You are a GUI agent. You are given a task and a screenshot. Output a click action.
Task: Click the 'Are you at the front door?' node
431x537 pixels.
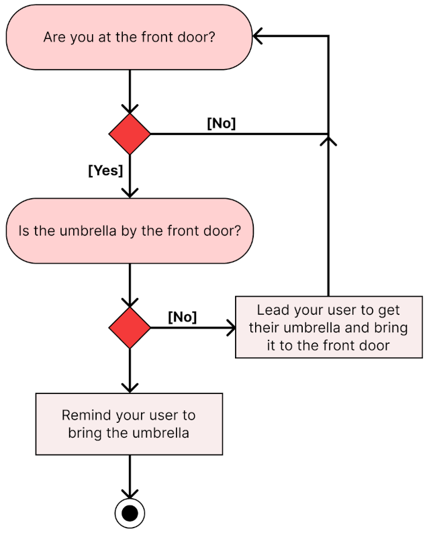coord(129,37)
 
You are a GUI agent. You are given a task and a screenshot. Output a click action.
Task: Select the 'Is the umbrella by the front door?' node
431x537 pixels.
coord(129,230)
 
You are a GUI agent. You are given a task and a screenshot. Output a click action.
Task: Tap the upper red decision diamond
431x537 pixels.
coord(130,134)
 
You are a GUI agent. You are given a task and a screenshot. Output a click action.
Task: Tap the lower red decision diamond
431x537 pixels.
coord(130,328)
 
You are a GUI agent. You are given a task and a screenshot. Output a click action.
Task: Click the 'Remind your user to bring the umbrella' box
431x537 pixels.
coord(129,424)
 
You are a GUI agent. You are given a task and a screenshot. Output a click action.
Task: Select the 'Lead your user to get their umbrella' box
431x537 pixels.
coord(328,328)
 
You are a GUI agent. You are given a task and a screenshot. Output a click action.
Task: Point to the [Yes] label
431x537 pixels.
coord(105,170)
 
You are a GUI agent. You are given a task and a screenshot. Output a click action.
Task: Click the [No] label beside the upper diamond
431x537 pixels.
coord(221,124)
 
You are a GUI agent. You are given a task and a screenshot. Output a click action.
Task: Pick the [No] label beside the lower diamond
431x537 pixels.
coord(182,317)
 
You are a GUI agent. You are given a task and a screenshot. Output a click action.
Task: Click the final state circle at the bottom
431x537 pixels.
coord(130,514)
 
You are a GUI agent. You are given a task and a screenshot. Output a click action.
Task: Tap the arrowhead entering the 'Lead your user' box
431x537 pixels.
coord(232,328)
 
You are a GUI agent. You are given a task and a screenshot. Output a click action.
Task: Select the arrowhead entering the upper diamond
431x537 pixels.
coord(130,109)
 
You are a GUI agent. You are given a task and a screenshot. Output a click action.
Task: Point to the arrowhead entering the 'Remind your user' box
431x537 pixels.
coord(130,388)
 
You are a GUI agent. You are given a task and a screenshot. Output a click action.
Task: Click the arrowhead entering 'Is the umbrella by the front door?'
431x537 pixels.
coord(130,193)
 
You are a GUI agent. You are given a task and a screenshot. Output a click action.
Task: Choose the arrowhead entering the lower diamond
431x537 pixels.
coord(130,303)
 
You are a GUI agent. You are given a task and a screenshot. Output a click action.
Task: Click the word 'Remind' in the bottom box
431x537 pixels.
coord(85,415)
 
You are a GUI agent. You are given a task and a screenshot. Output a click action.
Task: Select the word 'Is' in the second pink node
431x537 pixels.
coord(25,230)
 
